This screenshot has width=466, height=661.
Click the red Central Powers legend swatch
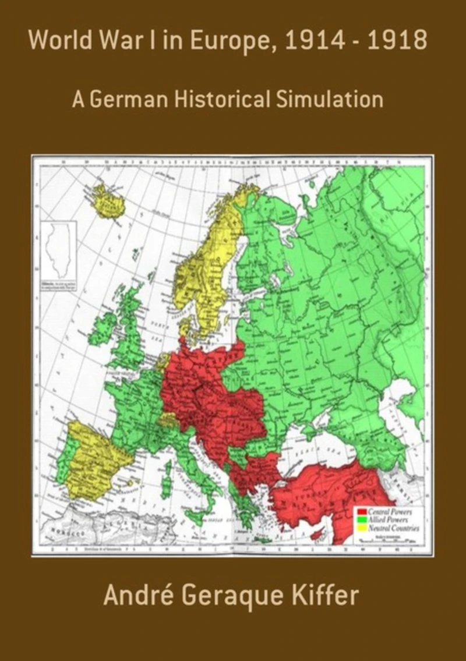pos(361,511)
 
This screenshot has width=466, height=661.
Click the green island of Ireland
pos(103,329)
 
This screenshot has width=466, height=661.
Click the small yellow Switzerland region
pos(170,420)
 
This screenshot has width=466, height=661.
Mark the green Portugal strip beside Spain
pos(63,460)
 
